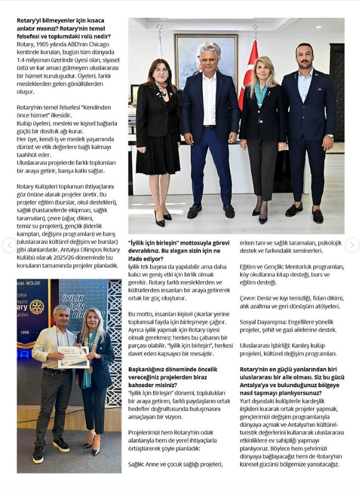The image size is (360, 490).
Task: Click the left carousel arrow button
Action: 8,246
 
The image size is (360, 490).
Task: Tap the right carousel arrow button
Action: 352,246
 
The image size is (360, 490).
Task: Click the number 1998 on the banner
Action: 24,332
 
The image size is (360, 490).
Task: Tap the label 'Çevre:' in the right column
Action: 249,298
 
